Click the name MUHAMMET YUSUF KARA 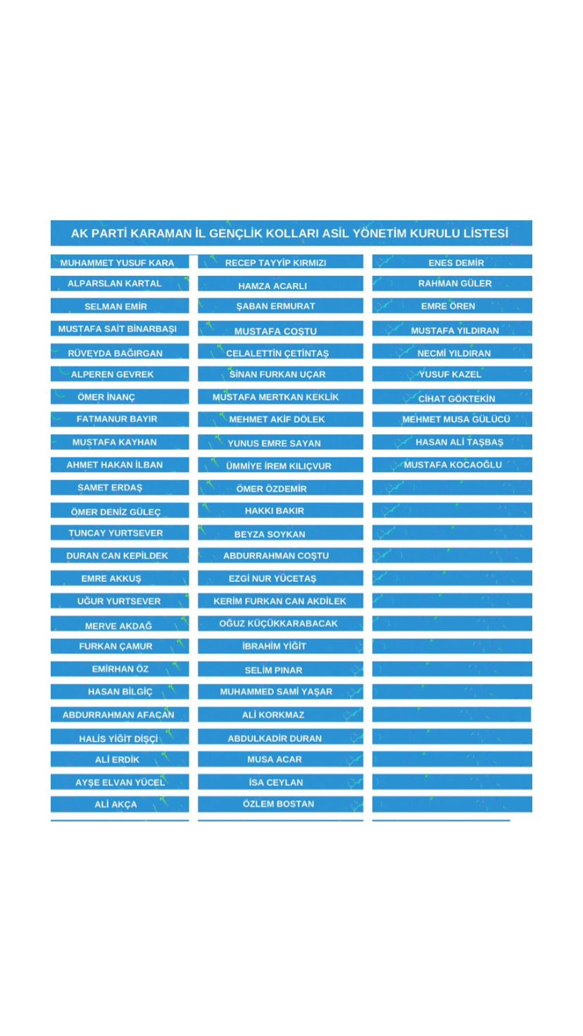[117, 263]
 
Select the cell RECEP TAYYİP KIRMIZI [275, 263]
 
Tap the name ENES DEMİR [456, 263]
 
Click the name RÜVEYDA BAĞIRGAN [115, 353]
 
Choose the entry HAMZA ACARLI [272, 286]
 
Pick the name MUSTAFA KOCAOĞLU [453, 465]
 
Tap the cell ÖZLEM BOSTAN [278, 804]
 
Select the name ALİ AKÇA [115, 804]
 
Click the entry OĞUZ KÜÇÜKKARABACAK [278, 623]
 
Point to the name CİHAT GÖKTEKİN [456, 398]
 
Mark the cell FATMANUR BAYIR [117, 419]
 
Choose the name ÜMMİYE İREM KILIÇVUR [278, 466]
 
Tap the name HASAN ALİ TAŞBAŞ [459, 442]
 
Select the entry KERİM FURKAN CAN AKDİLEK [280, 601]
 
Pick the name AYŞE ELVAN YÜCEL [120, 782]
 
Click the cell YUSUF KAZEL [450, 374]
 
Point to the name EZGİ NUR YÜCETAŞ [272, 579]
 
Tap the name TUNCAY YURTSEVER [115, 533]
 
